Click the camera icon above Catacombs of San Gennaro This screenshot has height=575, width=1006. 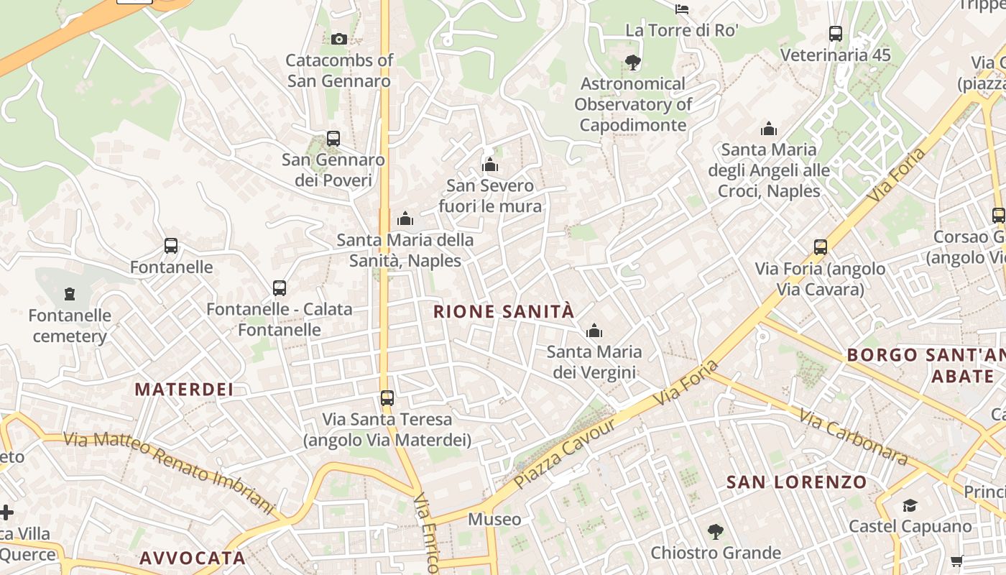click(x=339, y=39)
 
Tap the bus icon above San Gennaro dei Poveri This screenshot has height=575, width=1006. click(x=333, y=138)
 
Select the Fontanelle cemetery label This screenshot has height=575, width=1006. click(x=70, y=326)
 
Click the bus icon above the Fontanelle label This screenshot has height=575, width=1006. click(x=171, y=246)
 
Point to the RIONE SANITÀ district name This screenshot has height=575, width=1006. click(x=504, y=311)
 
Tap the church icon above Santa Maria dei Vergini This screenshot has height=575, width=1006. click(x=594, y=331)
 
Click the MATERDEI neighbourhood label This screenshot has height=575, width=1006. click(x=185, y=390)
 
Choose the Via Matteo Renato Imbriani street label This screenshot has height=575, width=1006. click(x=169, y=471)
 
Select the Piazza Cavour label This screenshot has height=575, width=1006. click(x=566, y=453)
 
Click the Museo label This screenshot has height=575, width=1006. click(x=494, y=519)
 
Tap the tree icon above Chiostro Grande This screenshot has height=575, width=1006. click(x=715, y=532)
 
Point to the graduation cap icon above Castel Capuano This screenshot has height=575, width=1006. click(x=910, y=505)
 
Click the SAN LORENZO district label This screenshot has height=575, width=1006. click(x=796, y=482)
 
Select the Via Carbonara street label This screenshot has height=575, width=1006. click(x=854, y=436)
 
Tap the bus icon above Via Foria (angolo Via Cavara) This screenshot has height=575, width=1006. click(x=821, y=247)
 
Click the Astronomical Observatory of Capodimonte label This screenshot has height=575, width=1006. click(x=633, y=104)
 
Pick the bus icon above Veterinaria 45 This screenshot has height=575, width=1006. click(x=836, y=34)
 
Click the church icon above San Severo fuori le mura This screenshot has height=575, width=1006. click(x=490, y=165)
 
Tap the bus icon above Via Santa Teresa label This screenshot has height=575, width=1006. click(x=387, y=397)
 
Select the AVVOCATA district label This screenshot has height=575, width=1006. click(x=193, y=558)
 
